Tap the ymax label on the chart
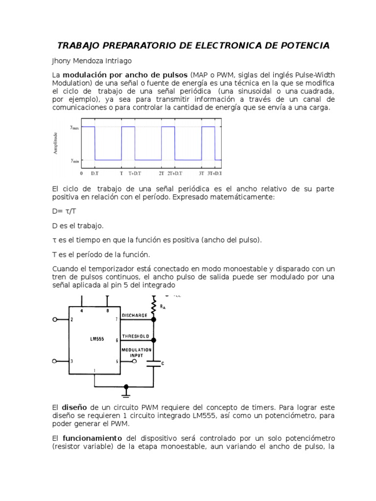click(74, 127)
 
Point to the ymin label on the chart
click(74, 160)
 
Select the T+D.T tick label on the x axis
click(135, 173)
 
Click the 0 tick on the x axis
click(81, 173)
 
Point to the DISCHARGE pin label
click(134, 316)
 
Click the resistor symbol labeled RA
click(154, 306)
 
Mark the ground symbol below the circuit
click(126, 392)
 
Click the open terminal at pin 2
click(54, 319)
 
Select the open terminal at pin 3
click(54, 362)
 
